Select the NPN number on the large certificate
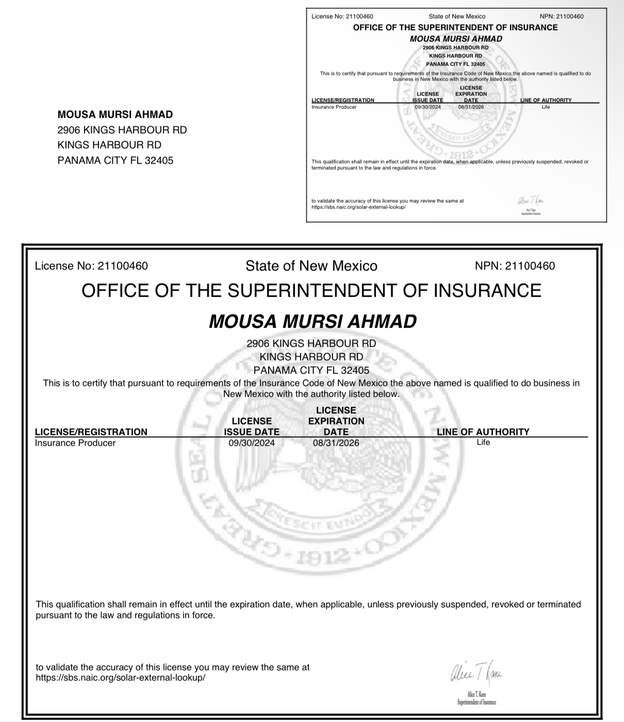coord(530,266)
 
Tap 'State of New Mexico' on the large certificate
coord(311,266)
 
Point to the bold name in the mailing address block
coord(115,114)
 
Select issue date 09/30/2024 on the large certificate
coord(252,443)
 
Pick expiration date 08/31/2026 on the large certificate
coord(336,443)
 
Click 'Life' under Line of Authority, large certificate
coord(483,442)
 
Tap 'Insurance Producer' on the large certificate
coord(75,443)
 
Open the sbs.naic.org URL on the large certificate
coord(120,678)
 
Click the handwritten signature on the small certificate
coord(530,200)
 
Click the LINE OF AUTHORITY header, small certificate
coord(546,100)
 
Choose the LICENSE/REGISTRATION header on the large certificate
coord(91,432)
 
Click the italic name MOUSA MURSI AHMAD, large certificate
coord(313,321)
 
